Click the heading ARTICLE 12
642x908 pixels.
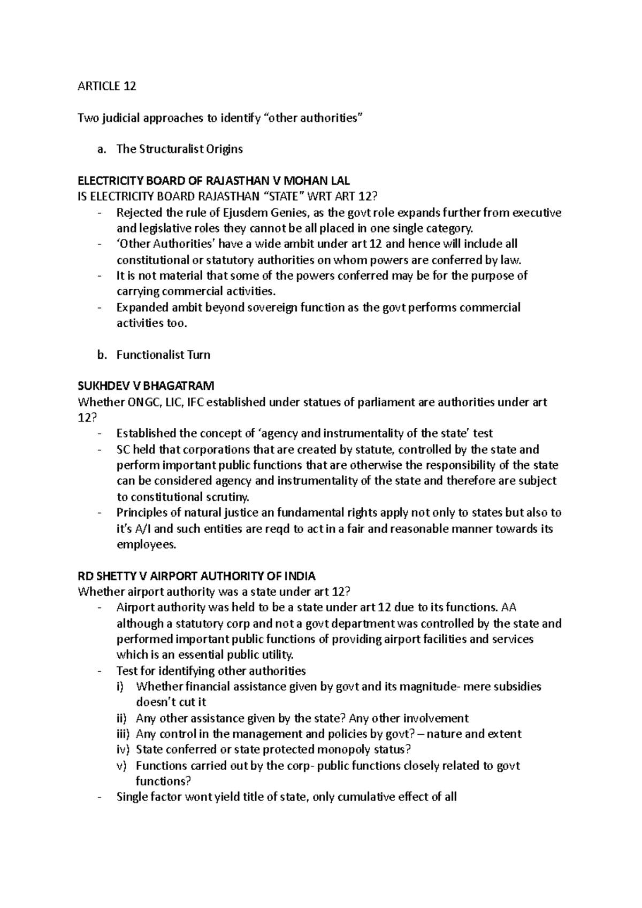point(107,86)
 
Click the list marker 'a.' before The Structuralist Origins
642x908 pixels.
point(102,149)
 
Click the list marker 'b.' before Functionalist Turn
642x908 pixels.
point(102,355)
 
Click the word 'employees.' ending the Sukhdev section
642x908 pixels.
point(146,545)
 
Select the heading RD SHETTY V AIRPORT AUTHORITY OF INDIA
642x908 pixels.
point(196,576)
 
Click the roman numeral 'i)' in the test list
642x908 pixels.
point(120,687)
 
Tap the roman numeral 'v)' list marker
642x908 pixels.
point(121,766)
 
